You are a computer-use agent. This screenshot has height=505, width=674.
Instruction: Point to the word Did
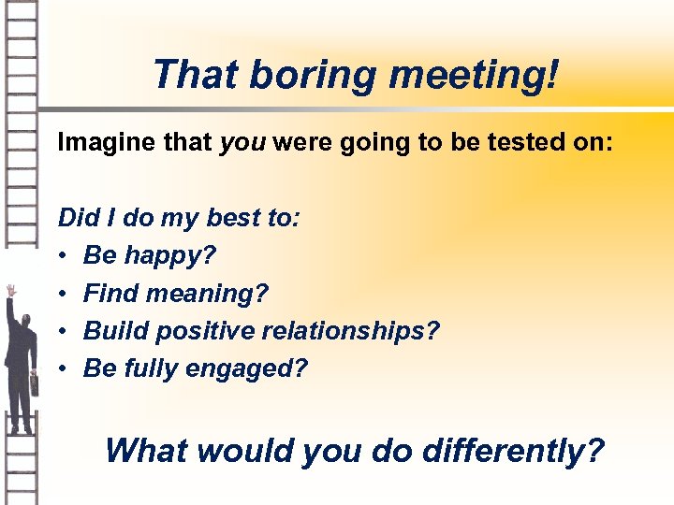[x=77, y=218]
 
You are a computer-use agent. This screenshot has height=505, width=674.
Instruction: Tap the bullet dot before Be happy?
[x=63, y=256]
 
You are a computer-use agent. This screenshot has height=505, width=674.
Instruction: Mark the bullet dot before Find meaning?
[x=63, y=294]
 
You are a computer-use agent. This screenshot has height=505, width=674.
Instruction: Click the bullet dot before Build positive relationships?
[x=63, y=331]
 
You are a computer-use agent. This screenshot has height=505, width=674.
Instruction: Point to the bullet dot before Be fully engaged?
[x=63, y=368]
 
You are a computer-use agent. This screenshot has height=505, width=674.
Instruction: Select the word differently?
[x=513, y=450]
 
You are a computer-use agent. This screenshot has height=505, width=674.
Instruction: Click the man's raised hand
[x=10, y=291]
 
